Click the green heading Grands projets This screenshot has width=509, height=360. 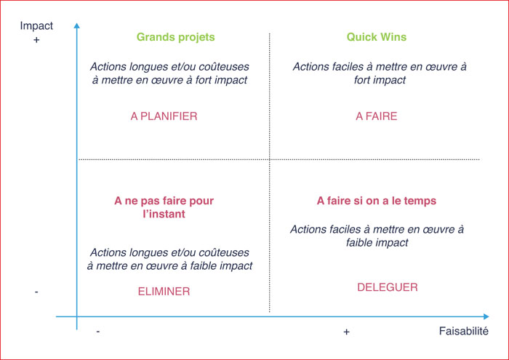(x=176, y=37)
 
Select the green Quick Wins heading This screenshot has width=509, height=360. (x=377, y=37)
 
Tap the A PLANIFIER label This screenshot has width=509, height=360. (x=164, y=116)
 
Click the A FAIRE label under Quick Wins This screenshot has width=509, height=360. (x=377, y=116)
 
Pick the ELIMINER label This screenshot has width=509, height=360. (x=164, y=292)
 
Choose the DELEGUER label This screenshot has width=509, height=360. (x=388, y=287)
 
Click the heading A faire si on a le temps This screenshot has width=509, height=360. (x=377, y=201)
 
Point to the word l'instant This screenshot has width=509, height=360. (x=164, y=214)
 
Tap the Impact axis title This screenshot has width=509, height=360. (x=36, y=26)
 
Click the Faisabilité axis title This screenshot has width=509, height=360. (x=464, y=331)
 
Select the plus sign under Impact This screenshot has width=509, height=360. (x=36, y=40)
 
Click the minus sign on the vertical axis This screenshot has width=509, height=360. (x=36, y=292)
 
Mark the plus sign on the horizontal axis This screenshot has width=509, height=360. (x=346, y=332)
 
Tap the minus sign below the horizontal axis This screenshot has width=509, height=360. (x=98, y=332)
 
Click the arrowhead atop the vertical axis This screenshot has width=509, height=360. (x=76, y=25)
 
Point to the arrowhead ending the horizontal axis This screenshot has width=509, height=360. (x=486, y=316)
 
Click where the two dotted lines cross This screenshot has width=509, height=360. (x=270, y=159)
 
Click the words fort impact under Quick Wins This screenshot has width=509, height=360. (x=380, y=80)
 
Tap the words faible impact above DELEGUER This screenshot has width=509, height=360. (x=377, y=243)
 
